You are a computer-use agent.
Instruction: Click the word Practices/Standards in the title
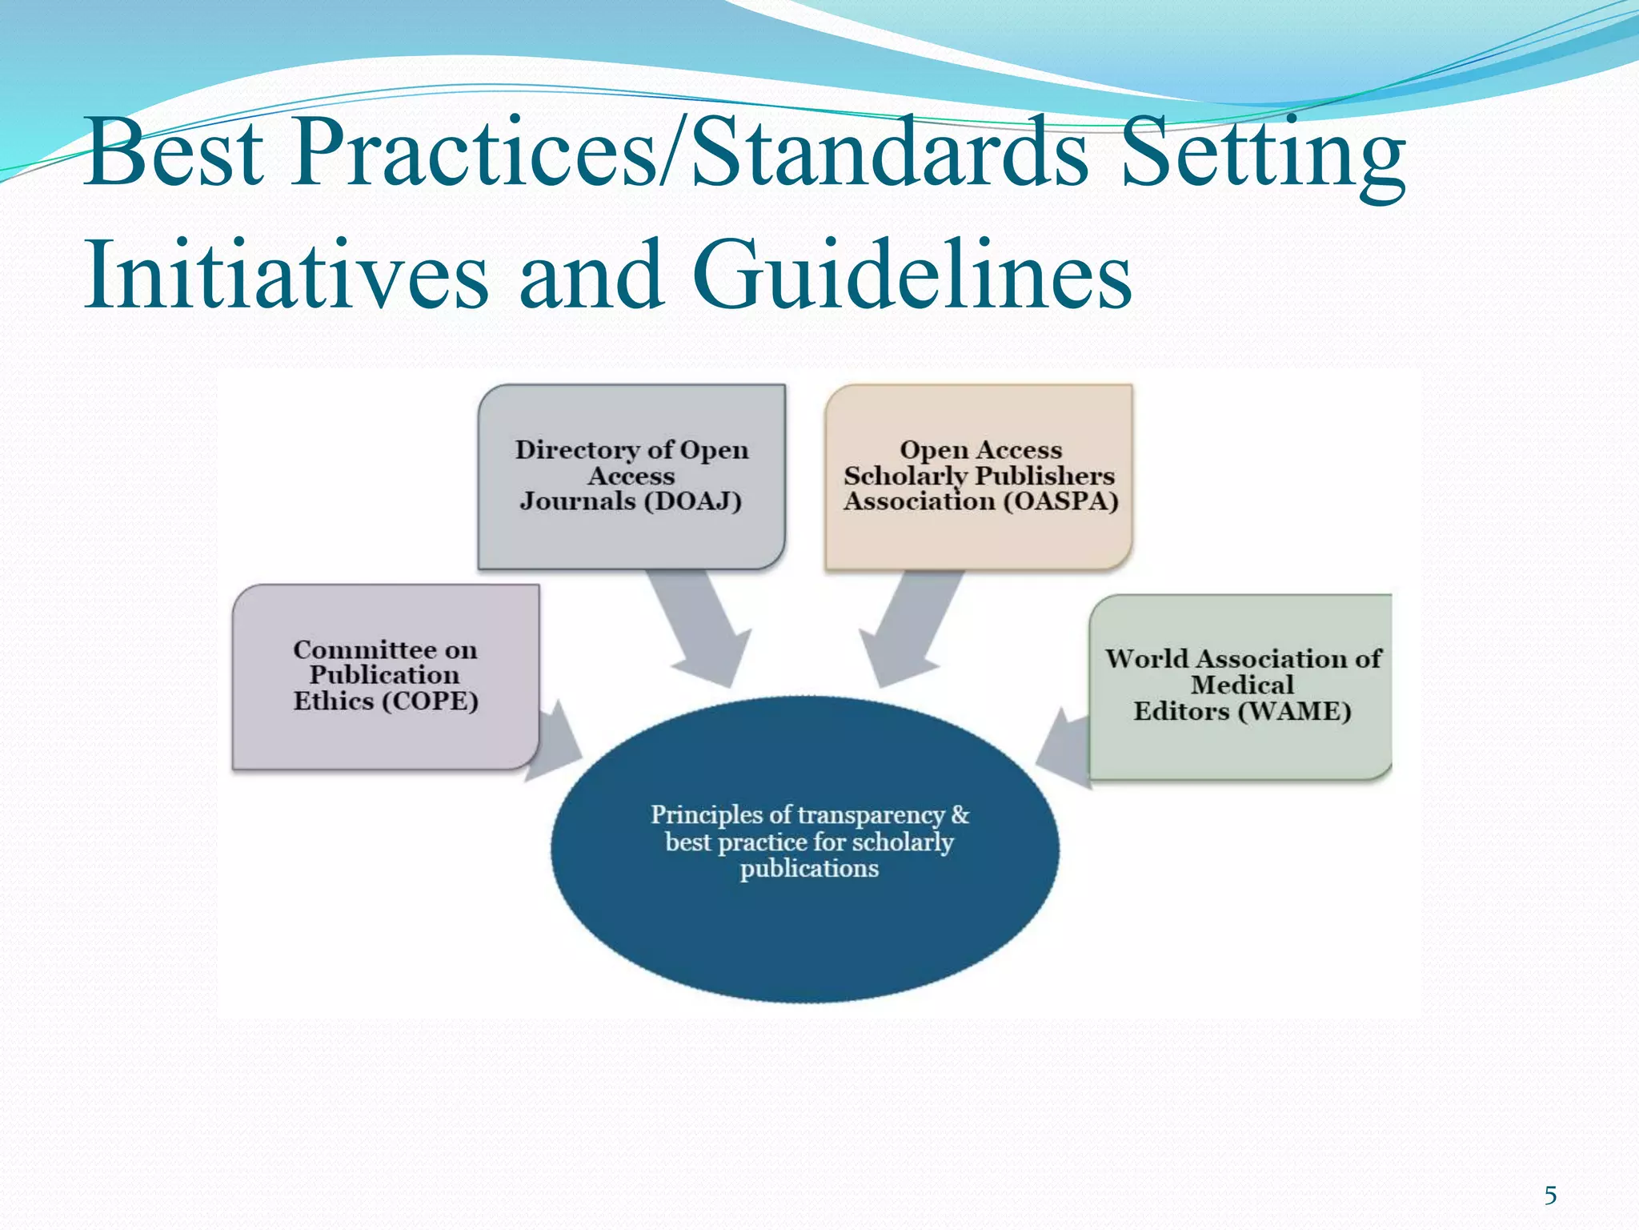tap(689, 152)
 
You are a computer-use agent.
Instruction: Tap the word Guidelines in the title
tap(912, 275)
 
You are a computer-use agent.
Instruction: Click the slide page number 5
tap(1550, 1196)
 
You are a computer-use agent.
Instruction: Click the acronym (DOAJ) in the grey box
tap(694, 501)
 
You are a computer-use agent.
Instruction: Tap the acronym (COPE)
tap(430, 701)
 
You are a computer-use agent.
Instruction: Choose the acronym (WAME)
tap(1294, 711)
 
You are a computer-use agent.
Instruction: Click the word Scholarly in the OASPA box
tap(905, 476)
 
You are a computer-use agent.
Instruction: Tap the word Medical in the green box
tap(1242, 685)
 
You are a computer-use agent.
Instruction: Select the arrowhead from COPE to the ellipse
tap(556, 741)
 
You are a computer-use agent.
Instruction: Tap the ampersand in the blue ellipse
tap(960, 815)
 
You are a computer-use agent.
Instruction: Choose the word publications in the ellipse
tap(809, 869)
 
